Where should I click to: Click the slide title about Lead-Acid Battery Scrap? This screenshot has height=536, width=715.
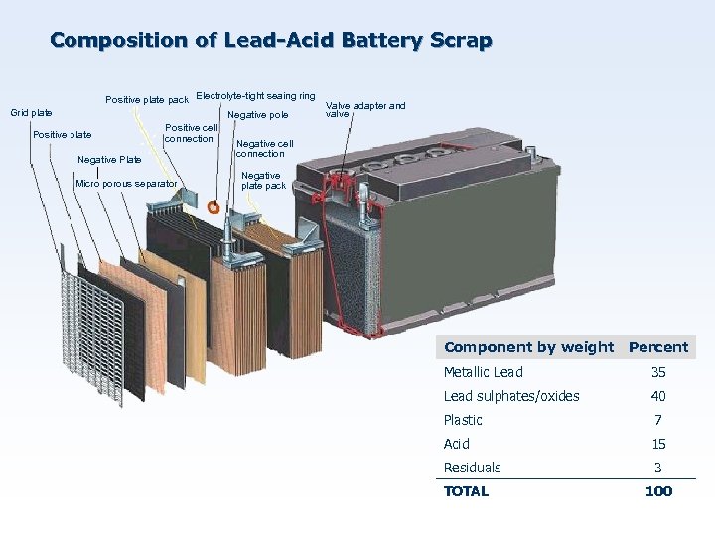coord(270,41)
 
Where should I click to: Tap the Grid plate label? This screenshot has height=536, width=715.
coord(31,113)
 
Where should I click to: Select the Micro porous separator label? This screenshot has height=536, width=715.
coord(126,184)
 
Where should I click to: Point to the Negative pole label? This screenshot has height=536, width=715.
coord(257,115)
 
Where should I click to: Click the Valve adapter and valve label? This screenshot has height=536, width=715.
coord(365,109)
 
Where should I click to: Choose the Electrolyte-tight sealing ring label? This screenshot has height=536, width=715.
coord(255,96)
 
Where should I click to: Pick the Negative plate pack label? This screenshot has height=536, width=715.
coord(263,181)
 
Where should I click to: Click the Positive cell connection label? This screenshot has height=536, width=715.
coord(191,133)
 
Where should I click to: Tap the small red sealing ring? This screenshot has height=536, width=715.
coord(214,208)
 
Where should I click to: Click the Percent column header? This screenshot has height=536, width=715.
coord(657,347)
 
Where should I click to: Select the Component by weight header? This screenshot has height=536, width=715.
coord(528,347)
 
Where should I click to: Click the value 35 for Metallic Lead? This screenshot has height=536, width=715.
coord(658,372)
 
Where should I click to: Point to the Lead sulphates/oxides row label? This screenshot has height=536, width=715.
coord(510,396)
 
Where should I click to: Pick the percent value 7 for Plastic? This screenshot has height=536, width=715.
coord(658,420)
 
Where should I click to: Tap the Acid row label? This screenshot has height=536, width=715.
coord(457,444)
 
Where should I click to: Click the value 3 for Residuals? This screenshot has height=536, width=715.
coord(658,468)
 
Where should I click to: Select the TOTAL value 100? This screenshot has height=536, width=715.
coord(658,491)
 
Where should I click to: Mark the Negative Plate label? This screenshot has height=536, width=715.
coord(109,159)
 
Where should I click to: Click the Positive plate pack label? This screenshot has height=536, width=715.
coord(147,99)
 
